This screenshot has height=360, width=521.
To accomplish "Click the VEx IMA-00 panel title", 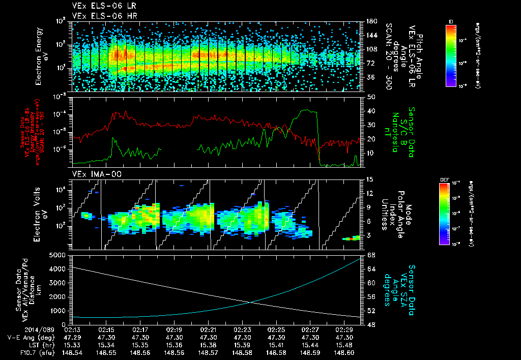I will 93,174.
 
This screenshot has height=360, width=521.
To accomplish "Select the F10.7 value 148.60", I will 344,352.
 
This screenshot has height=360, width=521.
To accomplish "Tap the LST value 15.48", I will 344,345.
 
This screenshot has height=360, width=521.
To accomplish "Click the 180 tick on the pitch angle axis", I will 371,21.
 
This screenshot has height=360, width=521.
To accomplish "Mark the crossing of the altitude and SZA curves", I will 252,303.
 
